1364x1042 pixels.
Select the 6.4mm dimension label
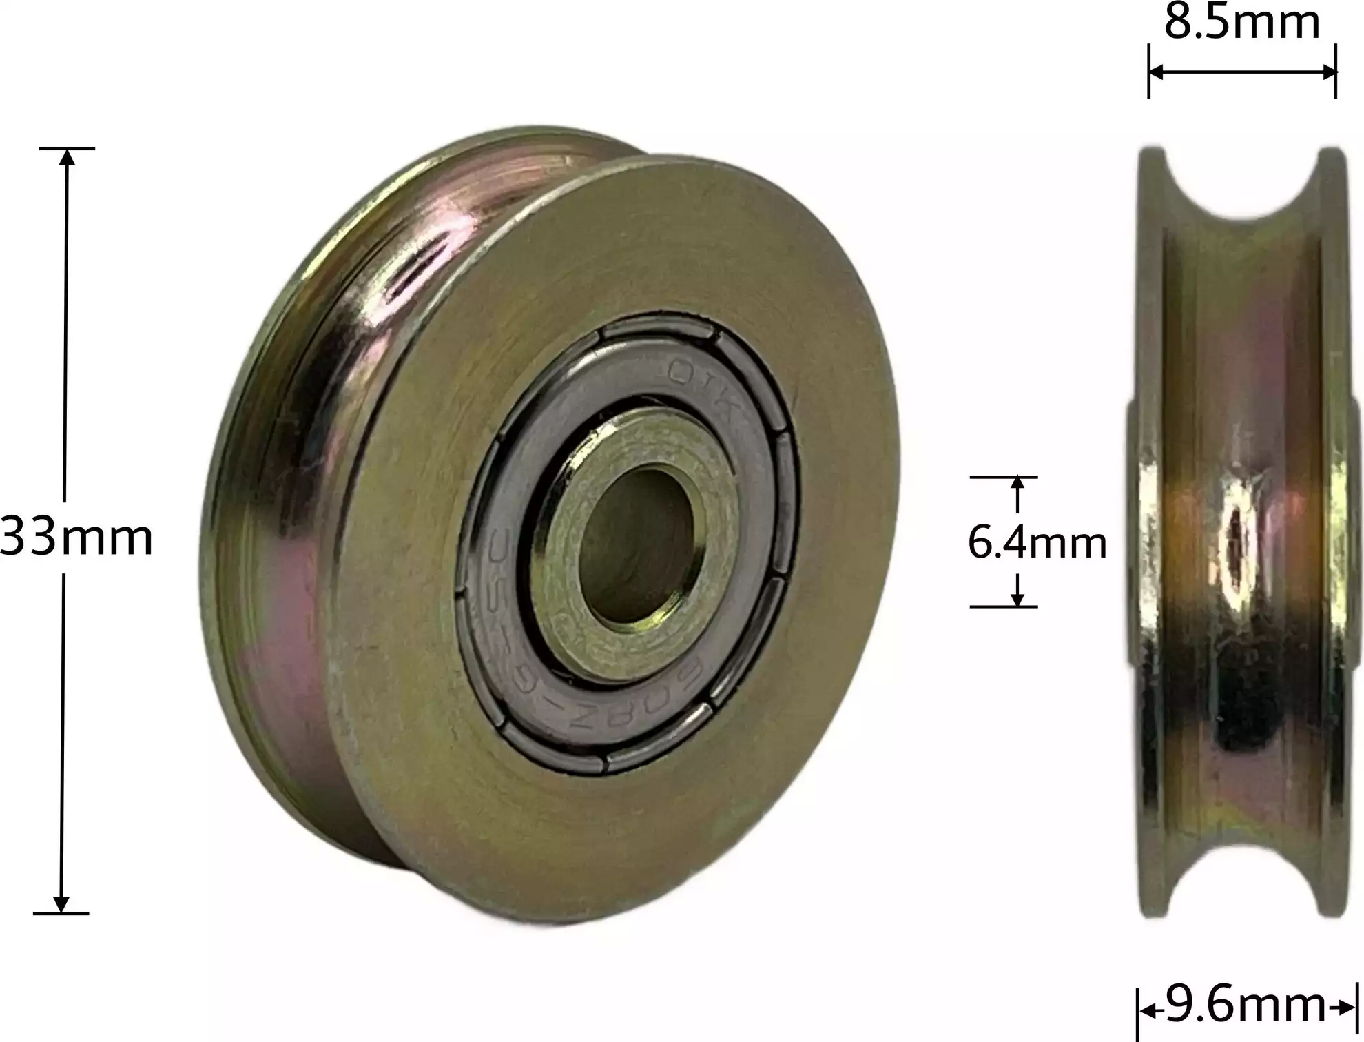(x=1037, y=542)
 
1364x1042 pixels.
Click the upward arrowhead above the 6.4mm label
(x=1017, y=484)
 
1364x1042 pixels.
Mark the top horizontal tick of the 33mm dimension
(x=67, y=148)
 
